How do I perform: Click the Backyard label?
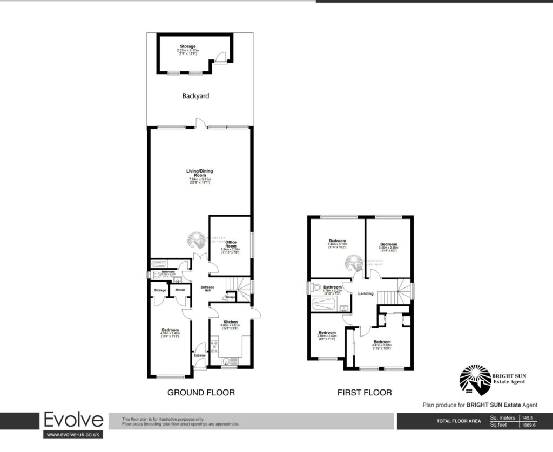[195, 96]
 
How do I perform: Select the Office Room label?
[231, 244]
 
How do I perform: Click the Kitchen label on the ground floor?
[231, 322]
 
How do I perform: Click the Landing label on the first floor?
[366, 293]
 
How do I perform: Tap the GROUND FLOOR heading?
[201, 393]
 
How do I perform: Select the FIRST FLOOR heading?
[365, 393]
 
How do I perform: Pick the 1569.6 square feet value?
[528, 425]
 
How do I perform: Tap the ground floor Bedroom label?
[170, 330]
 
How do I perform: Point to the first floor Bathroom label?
[333, 287]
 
